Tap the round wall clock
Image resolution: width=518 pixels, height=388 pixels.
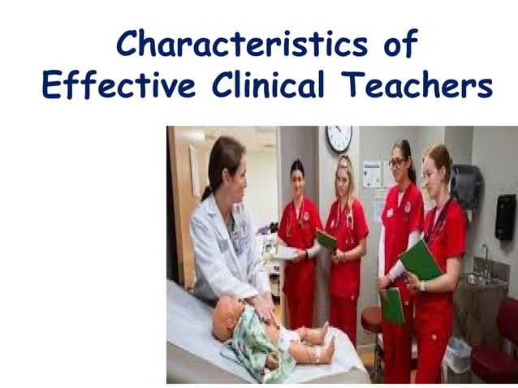click(x=339, y=139)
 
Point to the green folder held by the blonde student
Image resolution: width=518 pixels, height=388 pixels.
click(x=326, y=240)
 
